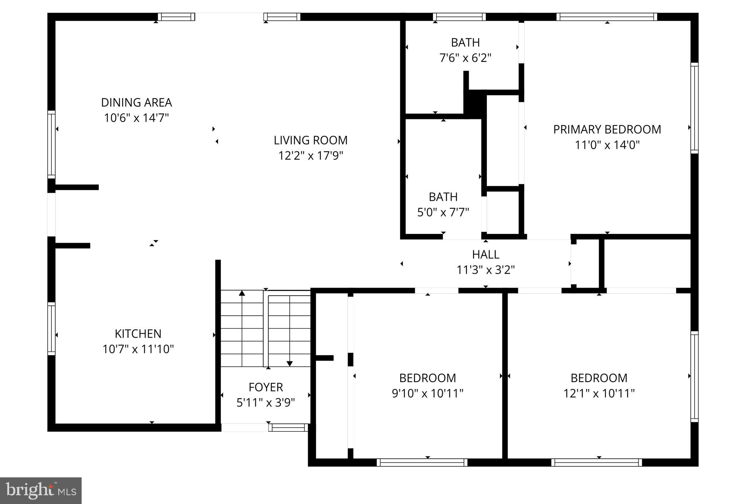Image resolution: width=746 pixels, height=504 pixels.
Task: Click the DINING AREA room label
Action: pos(136,103)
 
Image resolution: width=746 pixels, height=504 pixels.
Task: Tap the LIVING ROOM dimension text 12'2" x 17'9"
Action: pos(310,156)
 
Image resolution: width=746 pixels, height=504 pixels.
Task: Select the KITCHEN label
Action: pos(138,334)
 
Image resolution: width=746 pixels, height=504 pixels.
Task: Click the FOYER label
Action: pos(266,387)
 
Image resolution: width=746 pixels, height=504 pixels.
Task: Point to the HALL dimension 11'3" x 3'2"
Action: pos(485,270)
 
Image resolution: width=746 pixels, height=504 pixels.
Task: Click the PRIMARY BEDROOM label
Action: pos(607,130)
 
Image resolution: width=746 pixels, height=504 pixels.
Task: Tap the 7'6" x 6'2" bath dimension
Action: pos(465,58)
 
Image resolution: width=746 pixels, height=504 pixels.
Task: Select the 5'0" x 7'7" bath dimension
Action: pos(443,212)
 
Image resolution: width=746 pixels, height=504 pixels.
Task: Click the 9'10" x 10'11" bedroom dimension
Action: pos(427,393)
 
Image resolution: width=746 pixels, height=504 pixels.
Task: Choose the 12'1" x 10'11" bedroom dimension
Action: pos(599,393)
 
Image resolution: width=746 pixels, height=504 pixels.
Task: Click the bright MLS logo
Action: pos(41,490)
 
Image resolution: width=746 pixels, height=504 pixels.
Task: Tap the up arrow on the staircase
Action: pos(242,293)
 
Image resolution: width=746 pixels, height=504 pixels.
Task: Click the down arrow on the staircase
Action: pos(289,363)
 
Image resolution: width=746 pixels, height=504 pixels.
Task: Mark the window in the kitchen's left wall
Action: pos(51,328)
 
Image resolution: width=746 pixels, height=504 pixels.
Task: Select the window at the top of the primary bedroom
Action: pos(606,17)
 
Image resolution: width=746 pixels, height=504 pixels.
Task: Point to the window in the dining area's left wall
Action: pos(51,145)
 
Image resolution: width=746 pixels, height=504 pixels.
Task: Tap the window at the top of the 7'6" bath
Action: pos(459,17)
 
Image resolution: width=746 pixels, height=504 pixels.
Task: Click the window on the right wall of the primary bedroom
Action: pos(694,108)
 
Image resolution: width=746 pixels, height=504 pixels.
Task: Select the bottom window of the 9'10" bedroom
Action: pos(422,462)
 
